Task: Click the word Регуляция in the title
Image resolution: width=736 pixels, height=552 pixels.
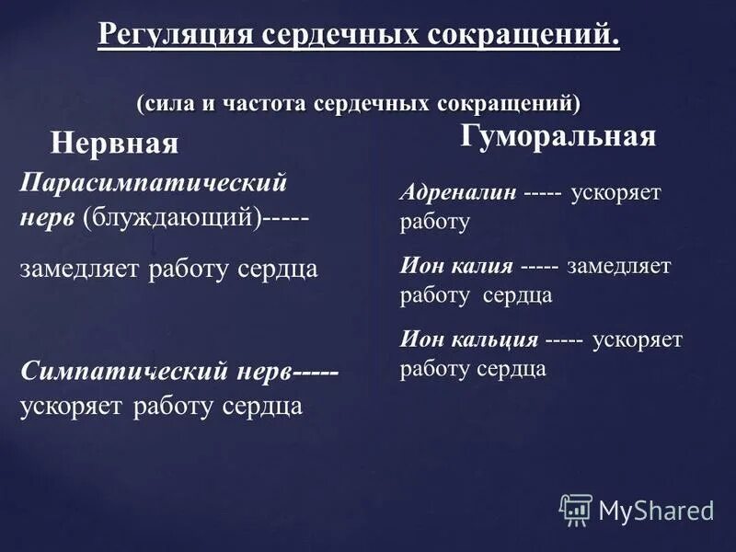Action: (175, 37)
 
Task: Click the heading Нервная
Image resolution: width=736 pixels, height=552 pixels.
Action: (113, 144)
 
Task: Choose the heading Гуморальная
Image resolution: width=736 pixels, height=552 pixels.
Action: (558, 136)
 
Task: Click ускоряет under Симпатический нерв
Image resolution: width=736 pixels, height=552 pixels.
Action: (72, 406)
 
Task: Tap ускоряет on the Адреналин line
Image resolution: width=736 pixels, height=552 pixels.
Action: (615, 194)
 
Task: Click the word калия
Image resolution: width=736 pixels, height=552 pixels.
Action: (481, 267)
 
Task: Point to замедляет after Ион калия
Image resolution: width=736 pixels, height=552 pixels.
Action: (618, 267)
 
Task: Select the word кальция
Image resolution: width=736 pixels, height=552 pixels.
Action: (494, 339)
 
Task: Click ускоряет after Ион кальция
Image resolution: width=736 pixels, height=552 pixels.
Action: (638, 339)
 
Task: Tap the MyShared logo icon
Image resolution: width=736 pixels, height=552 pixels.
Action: (576, 509)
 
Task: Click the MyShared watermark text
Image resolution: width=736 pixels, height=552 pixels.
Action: (656, 510)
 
